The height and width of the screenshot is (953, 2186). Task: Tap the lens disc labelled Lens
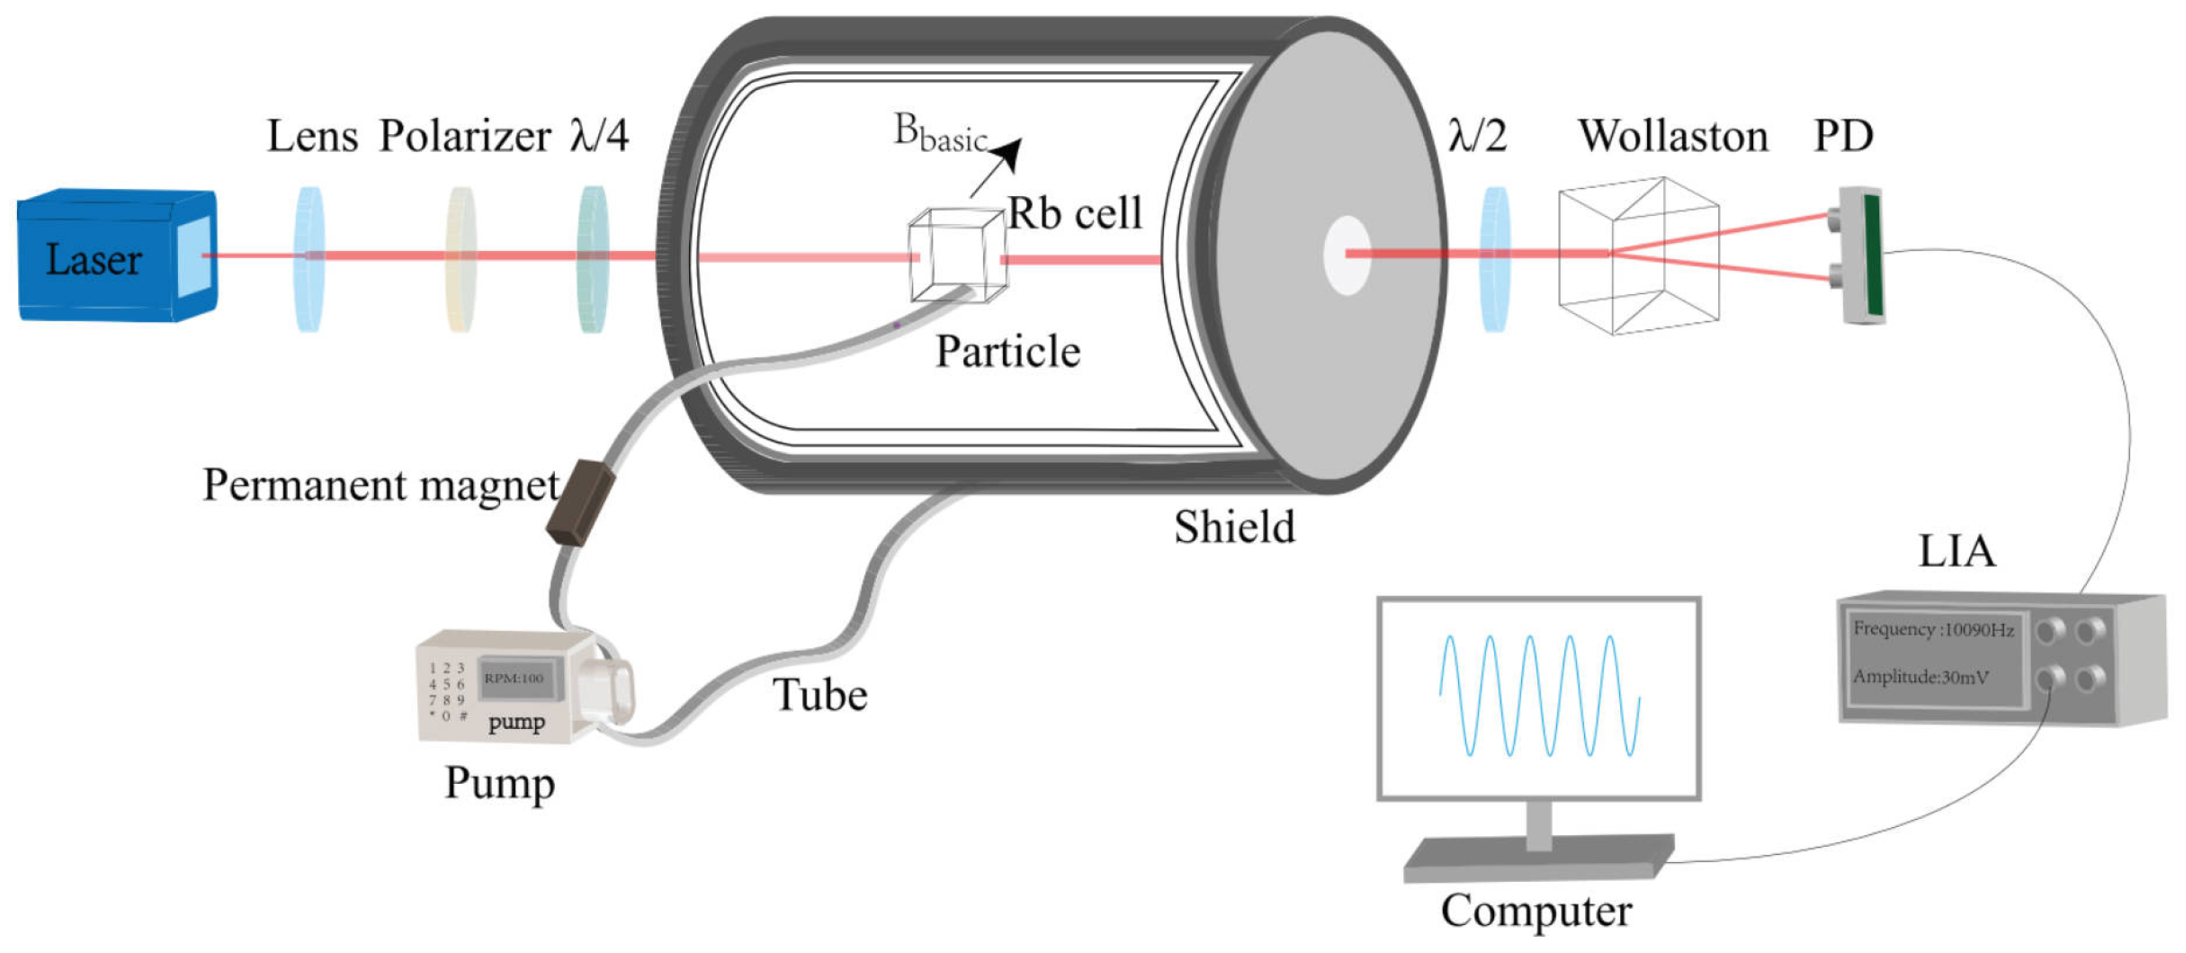click(309, 259)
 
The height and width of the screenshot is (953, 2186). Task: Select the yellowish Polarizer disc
click(461, 259)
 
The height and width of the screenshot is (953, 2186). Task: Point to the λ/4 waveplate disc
click(593, 259)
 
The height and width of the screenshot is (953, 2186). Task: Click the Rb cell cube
click(956, 256)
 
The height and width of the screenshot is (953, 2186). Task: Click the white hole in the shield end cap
click(1347, 256)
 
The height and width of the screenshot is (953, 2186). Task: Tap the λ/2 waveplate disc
click(1494, 259)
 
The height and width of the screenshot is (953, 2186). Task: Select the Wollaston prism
click(1638, 256)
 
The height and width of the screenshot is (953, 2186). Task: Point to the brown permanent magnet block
click(580, 503)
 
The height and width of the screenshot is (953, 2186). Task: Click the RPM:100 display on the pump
click(515, 678)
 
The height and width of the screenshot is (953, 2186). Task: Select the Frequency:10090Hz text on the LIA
click(1932, 629)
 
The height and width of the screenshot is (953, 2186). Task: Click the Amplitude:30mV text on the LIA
click(1920, 677)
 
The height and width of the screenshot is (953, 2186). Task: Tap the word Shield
click(1234, 527)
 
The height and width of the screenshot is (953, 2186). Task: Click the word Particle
click(1008, 352)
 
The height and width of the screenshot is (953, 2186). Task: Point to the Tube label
click(820, 696)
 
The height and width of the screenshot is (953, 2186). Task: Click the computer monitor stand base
click(1537, 859)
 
